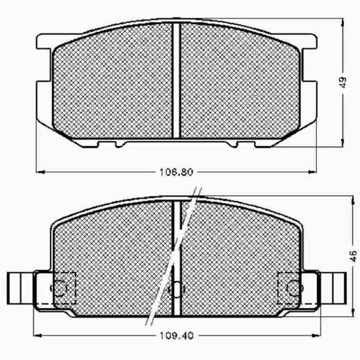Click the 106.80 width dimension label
[177, 172]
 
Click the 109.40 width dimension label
[177, 336]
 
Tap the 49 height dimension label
[343, 82]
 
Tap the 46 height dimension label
[353, 256]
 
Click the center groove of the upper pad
[177, 81]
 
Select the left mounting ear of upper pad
[44, 42]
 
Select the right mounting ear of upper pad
[309, 42]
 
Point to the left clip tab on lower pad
[20, 288]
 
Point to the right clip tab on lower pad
[334, 288]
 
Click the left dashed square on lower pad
[65, 288]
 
